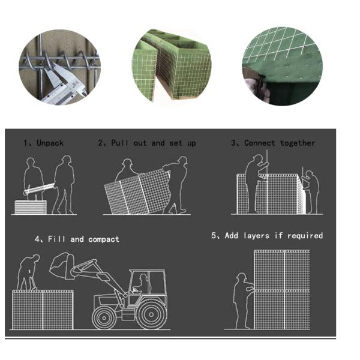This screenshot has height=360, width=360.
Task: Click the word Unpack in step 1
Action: coord(50,143)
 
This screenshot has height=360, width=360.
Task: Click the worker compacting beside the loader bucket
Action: coord(27,273)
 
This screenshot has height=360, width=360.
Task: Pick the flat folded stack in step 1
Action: coord(30,207)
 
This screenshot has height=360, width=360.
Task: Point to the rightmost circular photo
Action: coord(282,66)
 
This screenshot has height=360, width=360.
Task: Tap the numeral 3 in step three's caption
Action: coord(233,143)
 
